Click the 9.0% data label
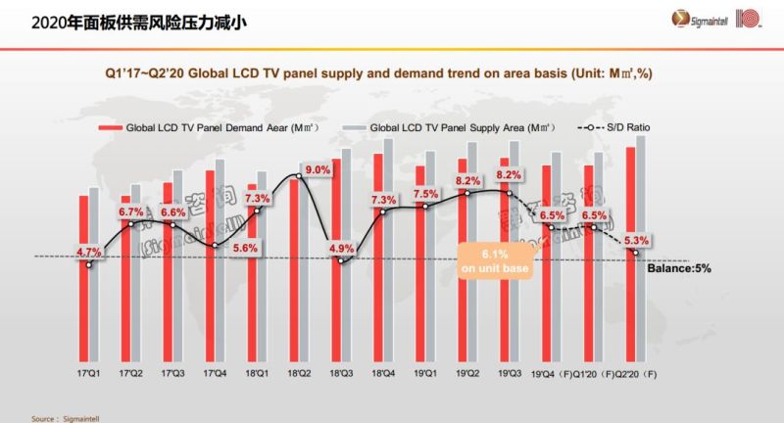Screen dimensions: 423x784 [317, 170]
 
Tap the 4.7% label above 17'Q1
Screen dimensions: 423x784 [89, 252]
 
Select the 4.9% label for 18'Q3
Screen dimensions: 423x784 [341, 248]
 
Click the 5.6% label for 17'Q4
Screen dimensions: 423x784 [244, 248]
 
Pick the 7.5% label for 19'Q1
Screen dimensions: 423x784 [426, 194]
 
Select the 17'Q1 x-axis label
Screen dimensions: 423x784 [89, 373]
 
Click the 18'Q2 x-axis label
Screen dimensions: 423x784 [298, 373]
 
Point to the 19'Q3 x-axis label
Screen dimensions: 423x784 [510, 373]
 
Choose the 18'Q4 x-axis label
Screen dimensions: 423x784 [383, 373]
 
